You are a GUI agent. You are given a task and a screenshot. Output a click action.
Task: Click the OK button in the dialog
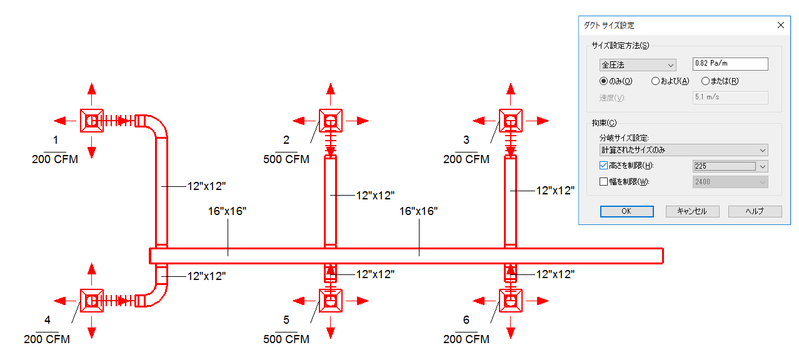pos(626,211)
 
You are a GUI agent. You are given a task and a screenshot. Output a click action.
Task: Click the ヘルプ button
pos(755,211)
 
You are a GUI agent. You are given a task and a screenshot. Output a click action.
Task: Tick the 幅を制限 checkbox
pos(604,182)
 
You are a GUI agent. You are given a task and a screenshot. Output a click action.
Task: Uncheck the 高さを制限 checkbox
pos(604,166)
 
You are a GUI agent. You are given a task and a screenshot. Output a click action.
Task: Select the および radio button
pos(655,81)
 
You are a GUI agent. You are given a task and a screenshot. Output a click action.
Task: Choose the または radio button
pos(705,81)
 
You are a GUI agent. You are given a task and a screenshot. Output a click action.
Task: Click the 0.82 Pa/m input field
pos(730,64)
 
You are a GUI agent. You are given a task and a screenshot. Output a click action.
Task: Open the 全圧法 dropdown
pos(638,65)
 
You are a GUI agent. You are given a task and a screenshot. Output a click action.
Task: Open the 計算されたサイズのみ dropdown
pos(683,150)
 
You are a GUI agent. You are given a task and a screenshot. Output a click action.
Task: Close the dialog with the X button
pos(780,26)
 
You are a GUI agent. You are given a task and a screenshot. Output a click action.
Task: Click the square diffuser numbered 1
pos(92,120)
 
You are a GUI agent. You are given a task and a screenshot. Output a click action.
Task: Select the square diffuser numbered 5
pos(331,301)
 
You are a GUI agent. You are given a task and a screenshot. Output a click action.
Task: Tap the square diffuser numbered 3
pos(511,120)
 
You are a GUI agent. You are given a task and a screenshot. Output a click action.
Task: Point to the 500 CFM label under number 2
pos(286,159)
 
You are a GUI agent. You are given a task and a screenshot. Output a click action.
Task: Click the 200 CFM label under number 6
pos(466,339)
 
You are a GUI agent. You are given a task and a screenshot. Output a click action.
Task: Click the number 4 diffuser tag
pos(48,320)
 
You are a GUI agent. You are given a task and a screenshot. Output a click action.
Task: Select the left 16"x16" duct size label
pos(228,211)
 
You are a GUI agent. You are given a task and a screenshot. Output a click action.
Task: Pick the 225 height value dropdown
pos(730,166)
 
